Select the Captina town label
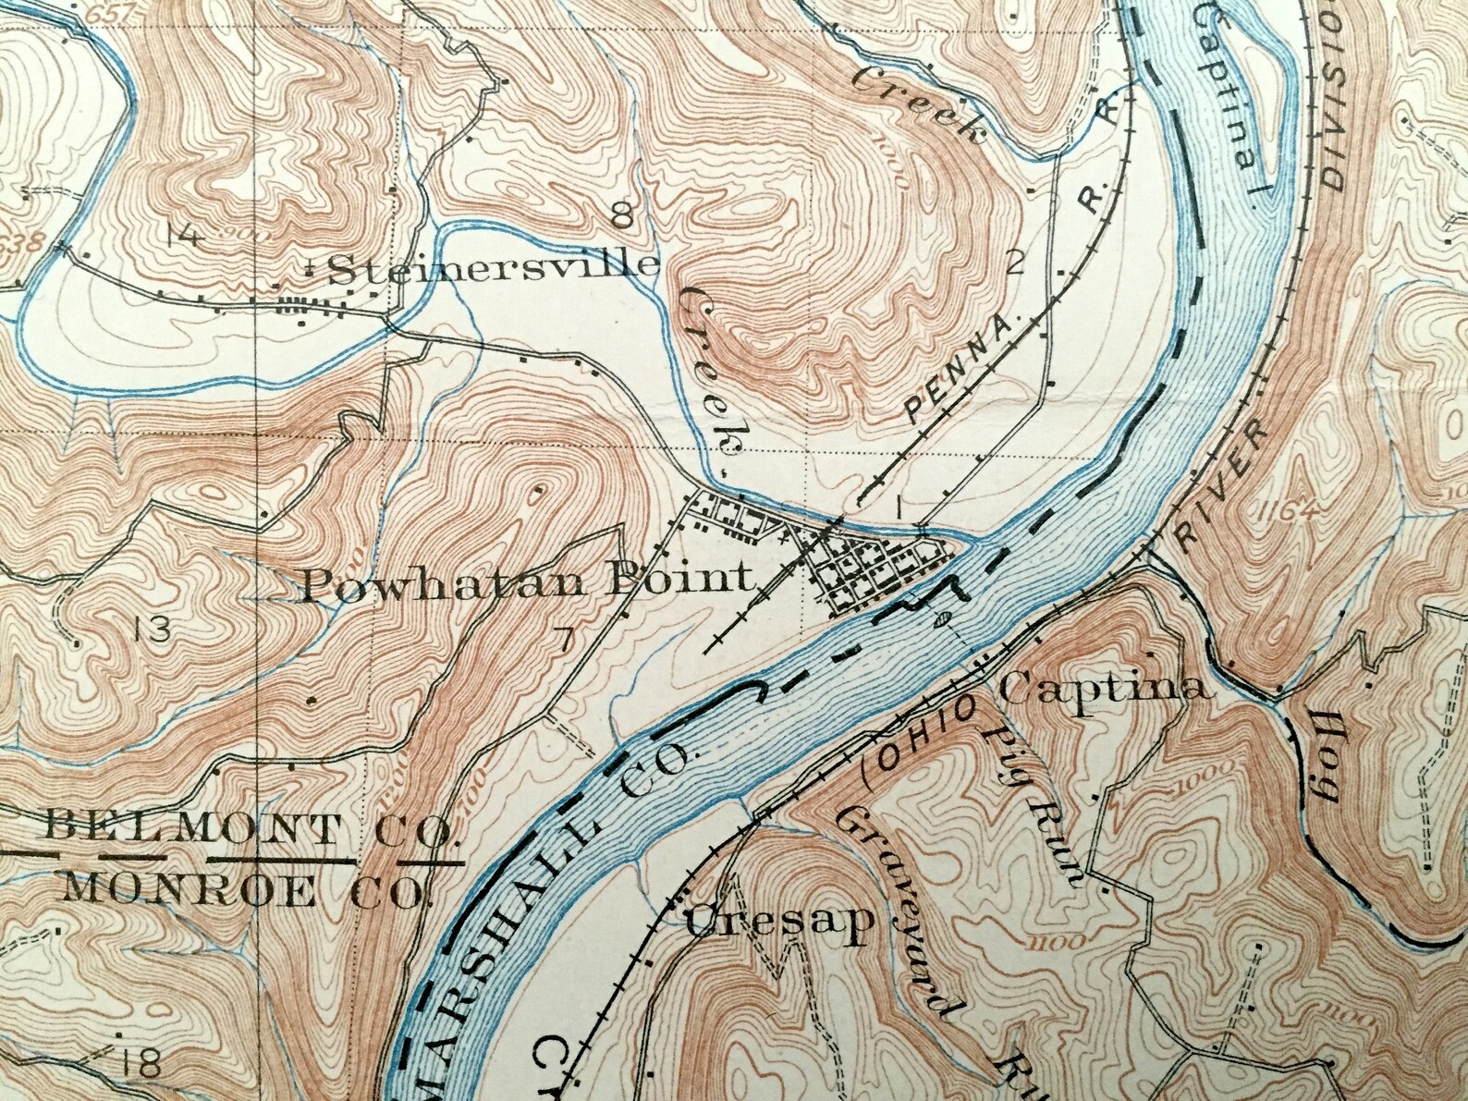(x=1105, y=689)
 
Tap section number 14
(x=184, y=237)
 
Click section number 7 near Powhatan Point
(x=566, y=637)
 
